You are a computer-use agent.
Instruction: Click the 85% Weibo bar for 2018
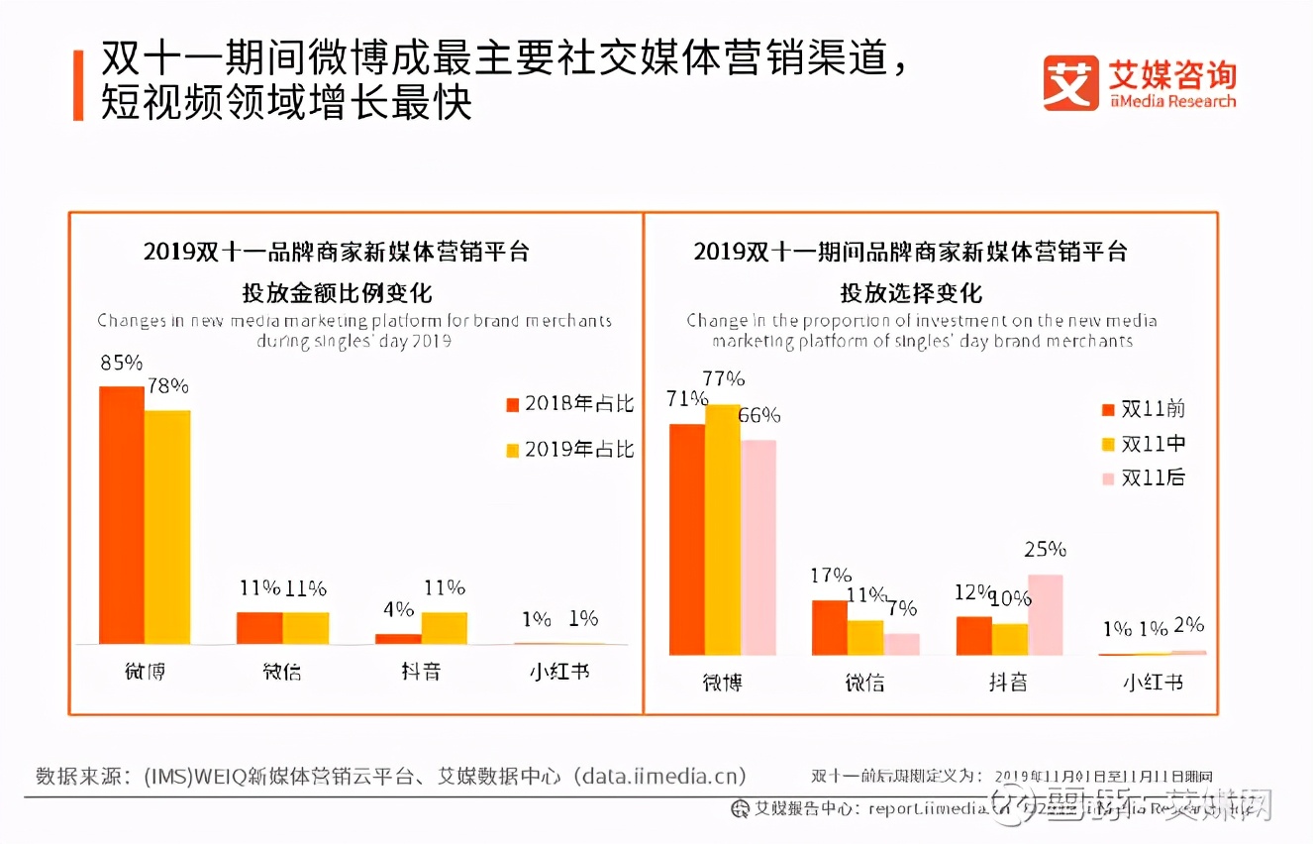pos(121,515)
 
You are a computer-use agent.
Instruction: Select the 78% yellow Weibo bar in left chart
pos(167,527)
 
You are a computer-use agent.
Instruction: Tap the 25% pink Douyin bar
pos(1045,614)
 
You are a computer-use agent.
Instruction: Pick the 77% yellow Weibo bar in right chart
pos(722,530)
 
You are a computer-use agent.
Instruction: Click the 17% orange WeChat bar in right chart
pos(830,627)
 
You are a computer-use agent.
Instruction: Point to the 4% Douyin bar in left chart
pos(398,638)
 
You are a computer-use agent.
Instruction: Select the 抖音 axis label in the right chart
pos(1008,682)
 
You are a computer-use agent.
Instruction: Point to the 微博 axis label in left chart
pos(145,671)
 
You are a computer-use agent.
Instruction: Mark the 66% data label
pos(759,416)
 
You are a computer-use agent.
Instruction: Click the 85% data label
pos(121,363)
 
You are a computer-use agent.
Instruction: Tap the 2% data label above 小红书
pos(1188,625)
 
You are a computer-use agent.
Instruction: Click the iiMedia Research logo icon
pos(1070,83)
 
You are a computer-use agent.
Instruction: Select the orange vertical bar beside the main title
pos(78,84)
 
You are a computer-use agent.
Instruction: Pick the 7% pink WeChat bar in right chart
pos(901,644)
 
